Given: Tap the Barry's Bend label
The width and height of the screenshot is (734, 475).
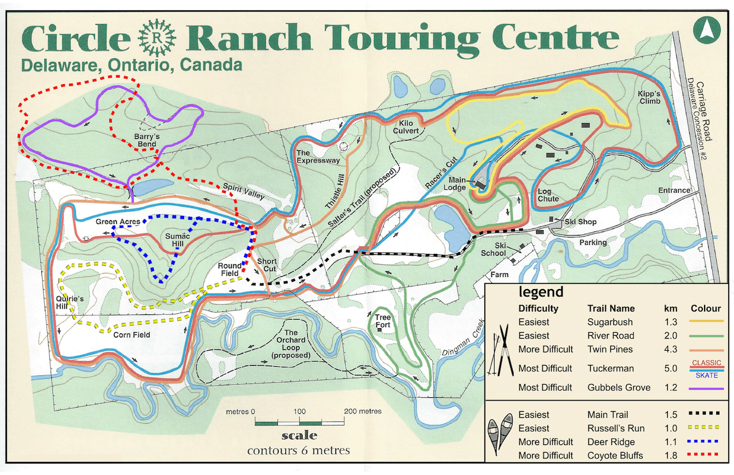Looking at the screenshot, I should click(143, 140).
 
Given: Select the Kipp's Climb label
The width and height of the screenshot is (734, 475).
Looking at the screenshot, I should click(650, 97).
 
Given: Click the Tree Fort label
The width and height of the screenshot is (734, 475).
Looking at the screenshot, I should click(383, 321).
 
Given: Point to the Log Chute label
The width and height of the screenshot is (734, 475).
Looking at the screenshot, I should click(548, 195).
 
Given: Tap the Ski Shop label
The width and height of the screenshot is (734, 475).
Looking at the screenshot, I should click(580, 222).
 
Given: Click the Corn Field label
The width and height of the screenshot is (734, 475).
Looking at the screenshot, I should click(132, 335).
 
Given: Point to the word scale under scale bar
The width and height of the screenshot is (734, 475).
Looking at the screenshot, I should click(299, 436).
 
